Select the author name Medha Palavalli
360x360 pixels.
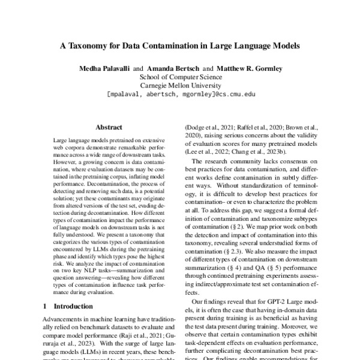coord(105,68)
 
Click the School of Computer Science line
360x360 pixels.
coord(180,77)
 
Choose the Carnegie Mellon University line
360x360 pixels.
coord(180,86)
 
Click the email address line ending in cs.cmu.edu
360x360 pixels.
coord(180,95)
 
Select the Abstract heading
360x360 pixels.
coord(109,127)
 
